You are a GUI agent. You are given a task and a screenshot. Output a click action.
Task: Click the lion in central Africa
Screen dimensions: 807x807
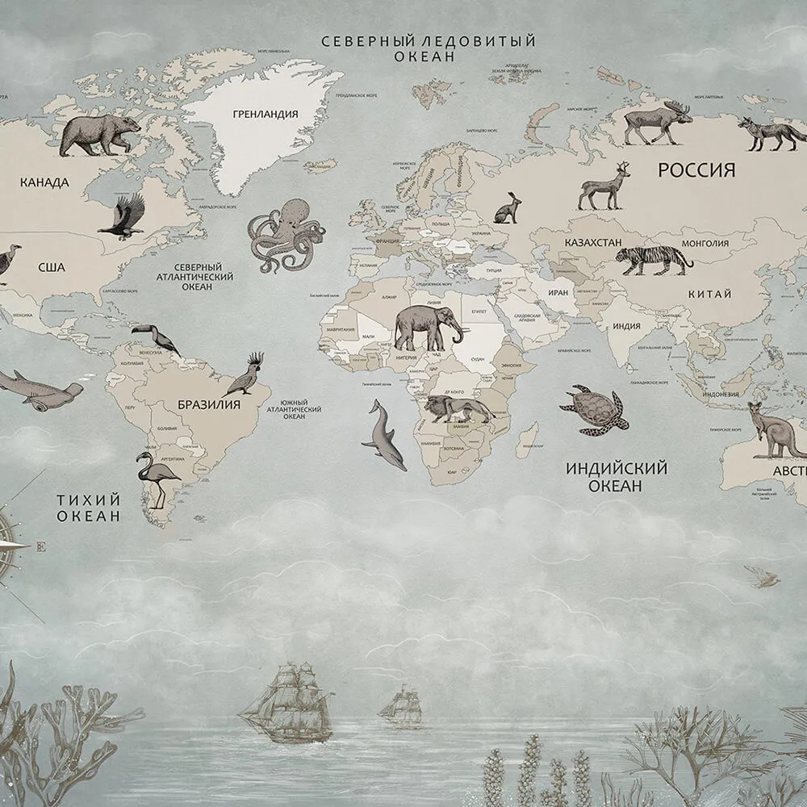tap(458, 409)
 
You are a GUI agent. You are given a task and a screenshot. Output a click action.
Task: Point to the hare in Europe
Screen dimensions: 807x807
tap(508, 209)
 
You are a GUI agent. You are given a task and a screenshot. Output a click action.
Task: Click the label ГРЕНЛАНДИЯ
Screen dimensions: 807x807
tap(266, 114)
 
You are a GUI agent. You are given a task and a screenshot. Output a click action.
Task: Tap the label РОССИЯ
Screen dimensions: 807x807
tap(696, 169)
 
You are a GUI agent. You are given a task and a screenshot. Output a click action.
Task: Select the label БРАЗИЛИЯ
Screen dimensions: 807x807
tap(208, 404)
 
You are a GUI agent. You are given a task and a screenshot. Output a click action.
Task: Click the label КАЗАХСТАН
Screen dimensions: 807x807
tap(592, 242)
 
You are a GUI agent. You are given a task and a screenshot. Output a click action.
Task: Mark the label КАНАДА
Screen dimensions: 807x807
tap(44, 182)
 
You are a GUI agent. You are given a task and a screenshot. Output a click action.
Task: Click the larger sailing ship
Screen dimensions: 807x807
tap(287, 704)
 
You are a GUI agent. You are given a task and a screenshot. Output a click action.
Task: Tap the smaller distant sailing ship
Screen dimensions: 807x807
tap(401, 705)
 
